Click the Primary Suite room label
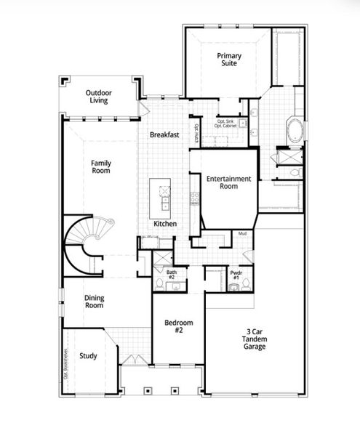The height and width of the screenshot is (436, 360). click(x=228, y=60)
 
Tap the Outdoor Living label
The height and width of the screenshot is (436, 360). click(x=99, y=97)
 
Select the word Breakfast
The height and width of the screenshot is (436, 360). click(x=164, y=135)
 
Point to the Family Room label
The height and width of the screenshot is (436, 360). click(x=101, y=168)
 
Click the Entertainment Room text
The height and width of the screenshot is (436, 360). click(x=228, y=182)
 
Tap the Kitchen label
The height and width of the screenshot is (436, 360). click(x=164, y=224)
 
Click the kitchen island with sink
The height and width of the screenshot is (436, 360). click(x=164, y=195)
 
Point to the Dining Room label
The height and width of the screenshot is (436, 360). click(x=95, y=302)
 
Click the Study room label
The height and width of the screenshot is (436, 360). click(x=89, y=356)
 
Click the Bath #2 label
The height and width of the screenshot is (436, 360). click(x=172, y=274)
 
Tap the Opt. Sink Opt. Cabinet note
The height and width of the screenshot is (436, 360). click(x=225, y=124)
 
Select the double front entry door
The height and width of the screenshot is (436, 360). click(x=131, y=360)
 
